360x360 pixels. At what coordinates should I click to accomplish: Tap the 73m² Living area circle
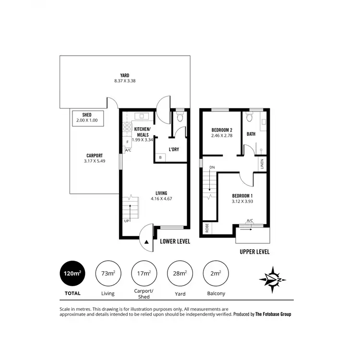click(x=108, y=274)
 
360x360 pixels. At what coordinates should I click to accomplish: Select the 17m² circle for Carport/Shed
click(x=144, y=274)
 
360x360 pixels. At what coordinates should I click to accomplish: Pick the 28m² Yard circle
click(x=180, y=274)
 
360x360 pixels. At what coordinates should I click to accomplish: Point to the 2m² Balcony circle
click(x=215, y=274)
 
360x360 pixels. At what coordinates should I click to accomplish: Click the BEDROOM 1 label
click(x=242, y=198)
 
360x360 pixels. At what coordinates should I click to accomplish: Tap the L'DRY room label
click(x=173, y=149)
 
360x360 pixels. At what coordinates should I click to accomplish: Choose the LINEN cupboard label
click(x=262, y=163)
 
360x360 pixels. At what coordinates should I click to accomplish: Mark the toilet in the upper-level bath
click(x=250, y=118)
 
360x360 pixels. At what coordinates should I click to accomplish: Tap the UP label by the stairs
click(x=127, y=221)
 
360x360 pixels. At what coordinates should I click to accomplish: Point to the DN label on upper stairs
click(x=212, y=167)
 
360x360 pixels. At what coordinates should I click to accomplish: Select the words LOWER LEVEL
click(x=175, y=241)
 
